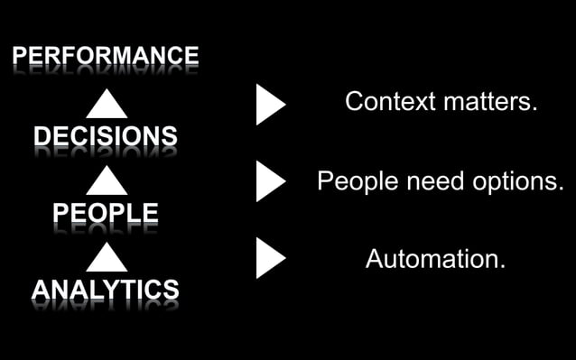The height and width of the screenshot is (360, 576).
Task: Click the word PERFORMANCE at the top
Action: coord(105,56)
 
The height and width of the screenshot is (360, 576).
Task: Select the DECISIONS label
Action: coord(105,136)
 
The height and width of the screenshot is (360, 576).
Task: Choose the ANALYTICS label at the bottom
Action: coord(105,290)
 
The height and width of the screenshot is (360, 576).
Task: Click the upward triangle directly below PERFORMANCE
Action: coord(107,104)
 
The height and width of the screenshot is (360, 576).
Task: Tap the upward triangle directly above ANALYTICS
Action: coord(107,258)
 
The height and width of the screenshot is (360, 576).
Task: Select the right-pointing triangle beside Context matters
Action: coord(269,105)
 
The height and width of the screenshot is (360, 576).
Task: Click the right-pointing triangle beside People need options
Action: coord(269,181)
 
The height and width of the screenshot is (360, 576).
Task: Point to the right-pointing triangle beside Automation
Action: coord(269,259)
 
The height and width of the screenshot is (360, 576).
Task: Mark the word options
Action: coord(516,181)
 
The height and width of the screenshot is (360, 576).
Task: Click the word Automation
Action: coord(432,259)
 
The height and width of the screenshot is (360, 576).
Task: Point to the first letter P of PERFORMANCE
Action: coord(19,56)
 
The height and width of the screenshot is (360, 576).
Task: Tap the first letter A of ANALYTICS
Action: coord(41,290)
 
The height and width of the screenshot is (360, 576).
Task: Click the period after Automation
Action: coord(502,266)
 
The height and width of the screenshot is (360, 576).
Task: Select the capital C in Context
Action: coord(355,101)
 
